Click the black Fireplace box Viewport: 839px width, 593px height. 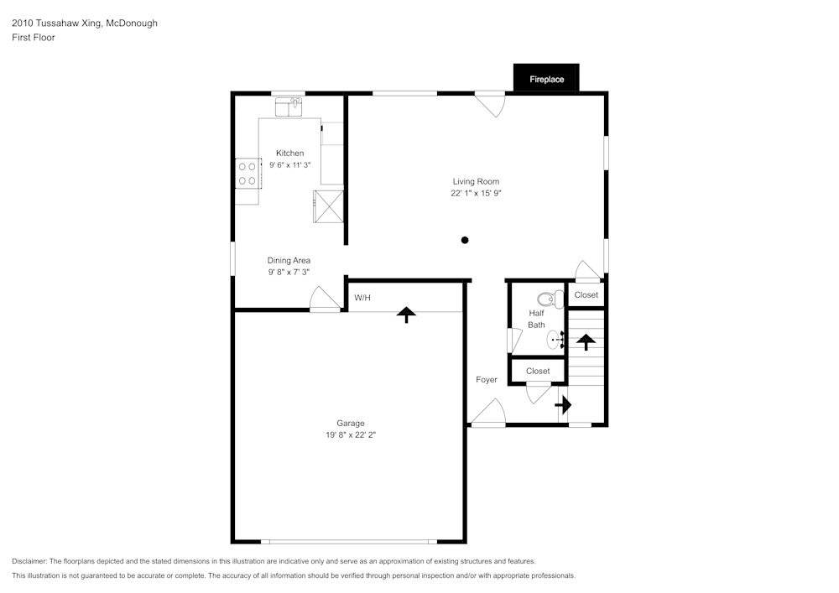click(x=546, y=79)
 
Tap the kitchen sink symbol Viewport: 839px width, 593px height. click(x=289, y=107)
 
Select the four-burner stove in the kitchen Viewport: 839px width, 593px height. click(x=248, y=174)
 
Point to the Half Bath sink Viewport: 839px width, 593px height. click(x=555, y=340)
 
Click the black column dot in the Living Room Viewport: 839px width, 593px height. click(x=465, y=240)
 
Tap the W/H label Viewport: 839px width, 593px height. click(x=362, y=298)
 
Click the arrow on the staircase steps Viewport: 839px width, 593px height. click(x=586, y=341)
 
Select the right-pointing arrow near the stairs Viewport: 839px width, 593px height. click(x=562, y=405)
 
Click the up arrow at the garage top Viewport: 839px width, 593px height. click(x=406, y=315)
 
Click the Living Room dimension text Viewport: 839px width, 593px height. click(x=476, y=193)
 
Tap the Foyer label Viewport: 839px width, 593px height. click(x=487, y=380)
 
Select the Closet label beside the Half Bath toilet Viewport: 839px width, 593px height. click(x=586, y=295)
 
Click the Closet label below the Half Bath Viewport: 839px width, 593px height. click(x=538, y=371)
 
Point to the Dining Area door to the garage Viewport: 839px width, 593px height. click(x=324, y=299)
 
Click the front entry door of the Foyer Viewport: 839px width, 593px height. click(x=488, y=414)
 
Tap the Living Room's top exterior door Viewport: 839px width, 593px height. click(x=490, y=103)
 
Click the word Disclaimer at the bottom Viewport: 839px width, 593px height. click(x=29, y=561)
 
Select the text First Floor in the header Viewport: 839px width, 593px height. click(x=34, y=38)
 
